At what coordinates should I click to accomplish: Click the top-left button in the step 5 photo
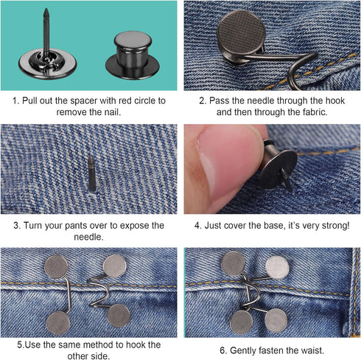pyautogui.click(x=57, y=266)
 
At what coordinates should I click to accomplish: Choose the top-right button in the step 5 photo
pyautogui.click(x=114, y=266)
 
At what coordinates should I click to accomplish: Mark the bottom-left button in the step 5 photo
pyautogui.click(x=59, y=322)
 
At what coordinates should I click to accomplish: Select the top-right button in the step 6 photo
pyautogui.click(x=277, y=266)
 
